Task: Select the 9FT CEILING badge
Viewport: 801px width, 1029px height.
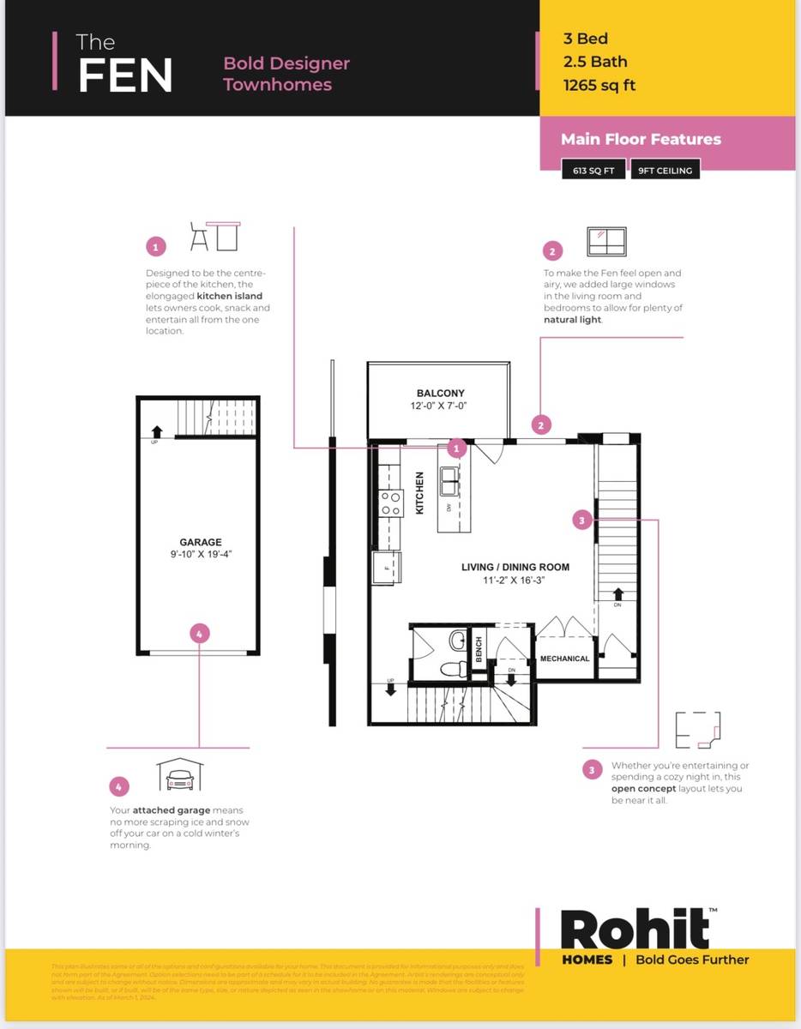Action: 665,171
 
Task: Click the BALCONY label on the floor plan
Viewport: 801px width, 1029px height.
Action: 440,394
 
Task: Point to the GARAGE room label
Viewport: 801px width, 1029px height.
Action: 201,542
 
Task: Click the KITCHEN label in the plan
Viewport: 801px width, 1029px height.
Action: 419,493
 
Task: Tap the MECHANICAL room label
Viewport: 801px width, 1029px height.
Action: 564,659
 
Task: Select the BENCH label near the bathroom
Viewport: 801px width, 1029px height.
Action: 479,649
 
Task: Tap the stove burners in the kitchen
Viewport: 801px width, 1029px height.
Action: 391,502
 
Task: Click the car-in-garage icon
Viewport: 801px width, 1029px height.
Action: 179,775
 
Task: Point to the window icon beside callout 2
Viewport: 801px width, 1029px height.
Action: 606,241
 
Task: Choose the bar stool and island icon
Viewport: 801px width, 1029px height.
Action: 214,235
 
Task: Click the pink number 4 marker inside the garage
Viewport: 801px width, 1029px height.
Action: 199,634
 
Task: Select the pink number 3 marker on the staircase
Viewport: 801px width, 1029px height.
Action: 582,520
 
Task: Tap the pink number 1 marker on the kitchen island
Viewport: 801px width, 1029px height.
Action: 457,448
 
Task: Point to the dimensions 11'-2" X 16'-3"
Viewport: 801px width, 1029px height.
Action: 515,581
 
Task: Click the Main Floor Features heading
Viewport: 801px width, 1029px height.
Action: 641,139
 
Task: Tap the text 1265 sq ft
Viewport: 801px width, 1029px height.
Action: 599,85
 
